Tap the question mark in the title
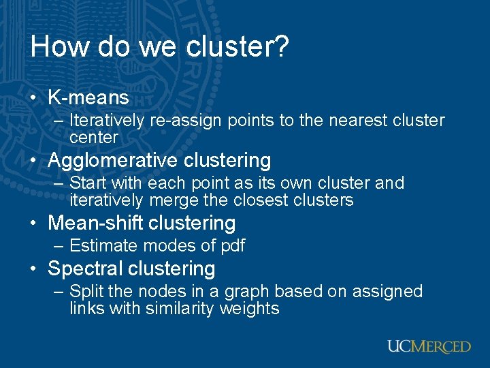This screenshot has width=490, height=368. tap(283, 46)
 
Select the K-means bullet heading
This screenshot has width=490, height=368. tap(88, 97)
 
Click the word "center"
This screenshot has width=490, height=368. tap(94, 137)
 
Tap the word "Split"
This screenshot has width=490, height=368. tap(87, 291)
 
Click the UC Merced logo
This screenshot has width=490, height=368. tap(429, 346)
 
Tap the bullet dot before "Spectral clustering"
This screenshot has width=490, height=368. tap(33, 269)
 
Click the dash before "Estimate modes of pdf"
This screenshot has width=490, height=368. tap(59, 245)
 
